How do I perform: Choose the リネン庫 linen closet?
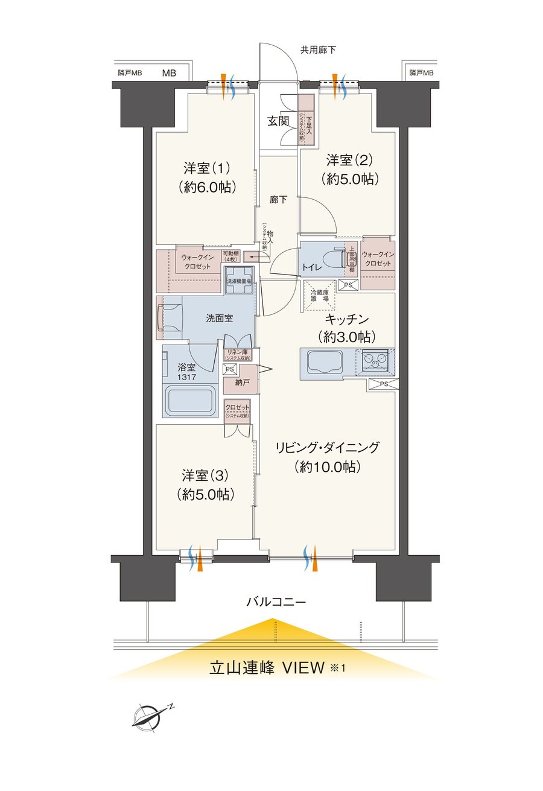click(238, 355)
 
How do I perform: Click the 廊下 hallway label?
click(278, 200)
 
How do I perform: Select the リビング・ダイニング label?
click(328, 447)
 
